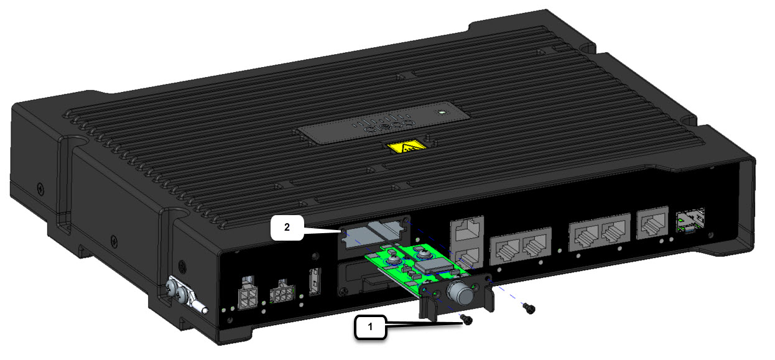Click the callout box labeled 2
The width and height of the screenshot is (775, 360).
coord(287,228)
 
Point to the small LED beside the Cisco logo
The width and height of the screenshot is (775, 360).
coord(441,113)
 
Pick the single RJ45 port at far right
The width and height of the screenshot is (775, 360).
coord(651,221)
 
